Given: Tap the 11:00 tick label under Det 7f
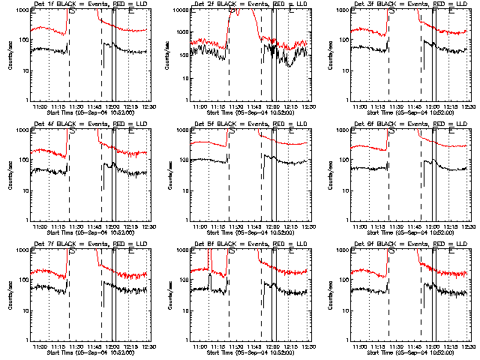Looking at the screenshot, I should [x=43, y=346].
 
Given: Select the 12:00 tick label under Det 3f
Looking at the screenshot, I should [x=433, y=106].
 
